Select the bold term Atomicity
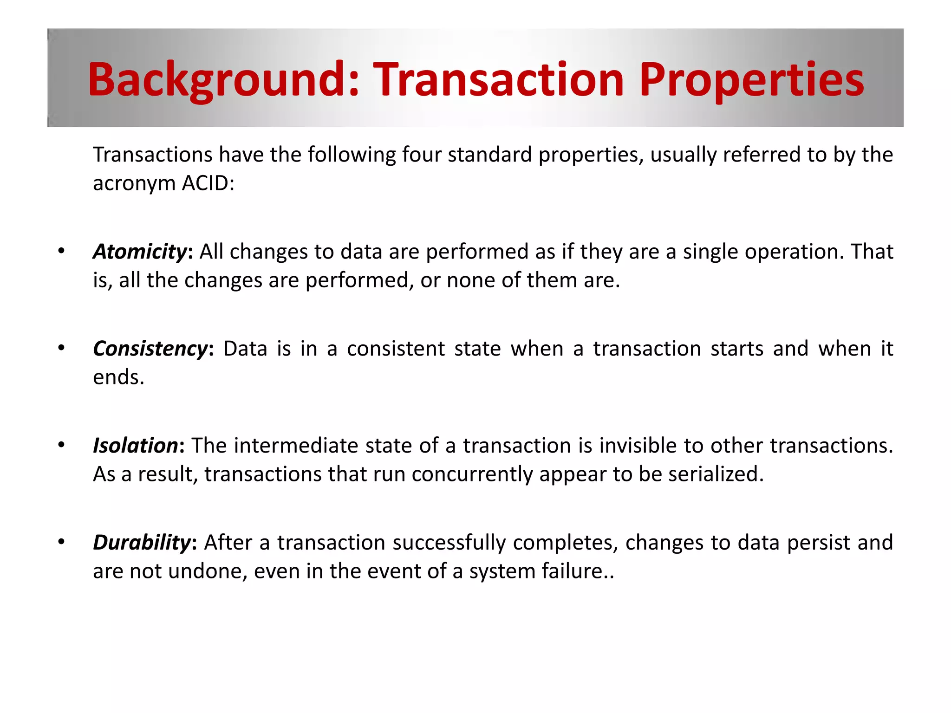(x=140, y=252)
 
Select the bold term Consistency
(x=150, y=349)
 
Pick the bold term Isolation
(x=135, y=446)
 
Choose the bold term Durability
(x=142, y=543)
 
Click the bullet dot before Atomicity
(x=61, y=252)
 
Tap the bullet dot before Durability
(x=61, y=542)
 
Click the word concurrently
(x=472, y=474)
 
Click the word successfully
(x=449, y=543)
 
